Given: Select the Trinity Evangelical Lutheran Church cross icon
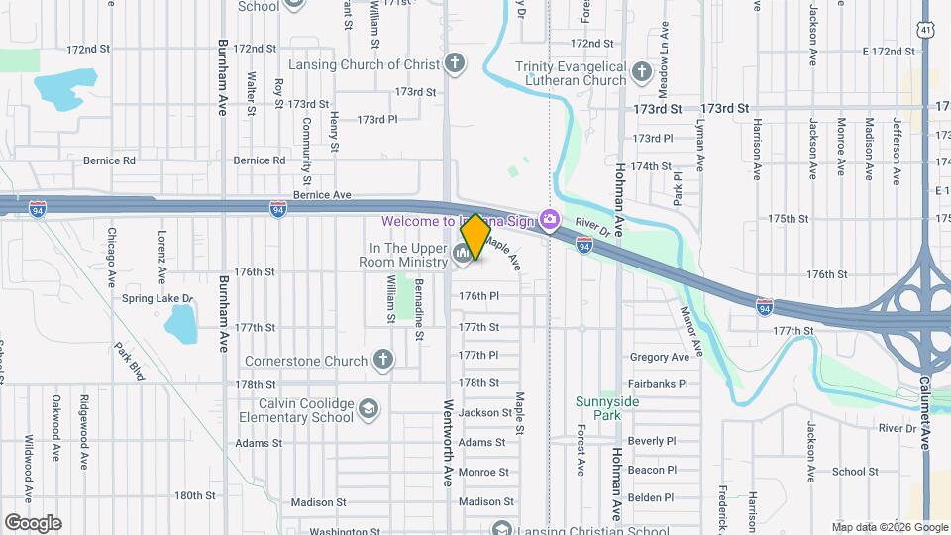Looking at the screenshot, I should coord(641,72).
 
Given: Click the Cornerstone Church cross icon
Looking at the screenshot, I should coord(383,361).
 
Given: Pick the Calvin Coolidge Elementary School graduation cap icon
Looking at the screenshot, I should coord(369,409).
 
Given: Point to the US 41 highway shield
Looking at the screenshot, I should coord(924,31).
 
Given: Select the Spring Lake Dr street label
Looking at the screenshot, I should coord(158,298).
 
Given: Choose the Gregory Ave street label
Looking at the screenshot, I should coord(659,357).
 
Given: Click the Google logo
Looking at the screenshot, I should coord(33,523).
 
